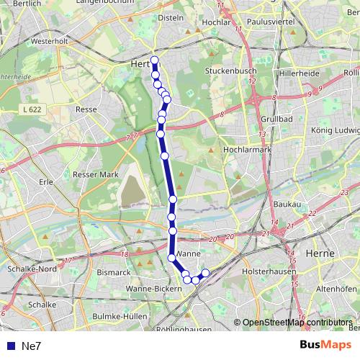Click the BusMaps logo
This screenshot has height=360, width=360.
[325, 345]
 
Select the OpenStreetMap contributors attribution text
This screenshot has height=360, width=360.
[297, 323]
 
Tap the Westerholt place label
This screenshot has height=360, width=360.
[30, 41]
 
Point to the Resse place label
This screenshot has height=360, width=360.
[86, 109]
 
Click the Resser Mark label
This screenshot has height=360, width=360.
[95, 174]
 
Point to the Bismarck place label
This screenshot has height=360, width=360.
[113, 272]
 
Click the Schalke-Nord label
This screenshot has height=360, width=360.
[30, 268]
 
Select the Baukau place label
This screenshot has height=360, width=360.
[287, 205]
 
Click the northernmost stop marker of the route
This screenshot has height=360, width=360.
[154, 60]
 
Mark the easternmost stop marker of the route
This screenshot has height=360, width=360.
[205, 273]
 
